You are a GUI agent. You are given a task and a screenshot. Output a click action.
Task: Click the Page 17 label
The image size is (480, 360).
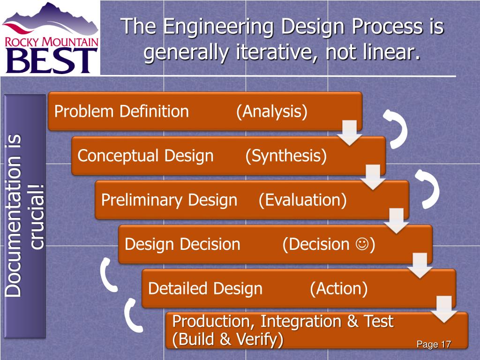pyautogui.click(x=434, y=345)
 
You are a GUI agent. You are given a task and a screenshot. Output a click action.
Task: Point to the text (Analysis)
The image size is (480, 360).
pyautogui.click(x=271, y=112)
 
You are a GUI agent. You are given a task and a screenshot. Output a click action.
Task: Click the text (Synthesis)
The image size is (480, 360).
pyautogui.click(x=285, y=156)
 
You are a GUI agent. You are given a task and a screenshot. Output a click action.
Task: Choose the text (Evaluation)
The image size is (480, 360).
pyautogui.click(x=302, y=200)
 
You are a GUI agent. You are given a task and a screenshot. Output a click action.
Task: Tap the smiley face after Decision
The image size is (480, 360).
pyautogui.click(x=361, y=244)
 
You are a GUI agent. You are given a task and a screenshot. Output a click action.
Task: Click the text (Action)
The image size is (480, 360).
pyautogui.click(x=338, y=288)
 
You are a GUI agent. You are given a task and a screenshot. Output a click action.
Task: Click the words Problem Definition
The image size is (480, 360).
pyautogui.click(x=121, y=112)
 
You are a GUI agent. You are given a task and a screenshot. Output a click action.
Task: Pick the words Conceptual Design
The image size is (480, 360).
pyautogui.click(x=145, y=156)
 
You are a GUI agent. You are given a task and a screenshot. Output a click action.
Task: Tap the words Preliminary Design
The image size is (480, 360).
pyautogui.click(x=169, y=200)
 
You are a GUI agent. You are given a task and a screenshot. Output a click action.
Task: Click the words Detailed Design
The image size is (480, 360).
pyautogui.click(x=205, y=288)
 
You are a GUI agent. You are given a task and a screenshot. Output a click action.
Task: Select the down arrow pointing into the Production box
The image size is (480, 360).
pyautogui.click(x=443, y=309)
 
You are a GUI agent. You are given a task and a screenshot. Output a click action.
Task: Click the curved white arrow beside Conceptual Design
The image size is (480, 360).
pyautogui.click(x=396, y=129)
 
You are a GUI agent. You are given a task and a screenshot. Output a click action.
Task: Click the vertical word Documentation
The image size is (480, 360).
pyautogui.click(x=15, y=216)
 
